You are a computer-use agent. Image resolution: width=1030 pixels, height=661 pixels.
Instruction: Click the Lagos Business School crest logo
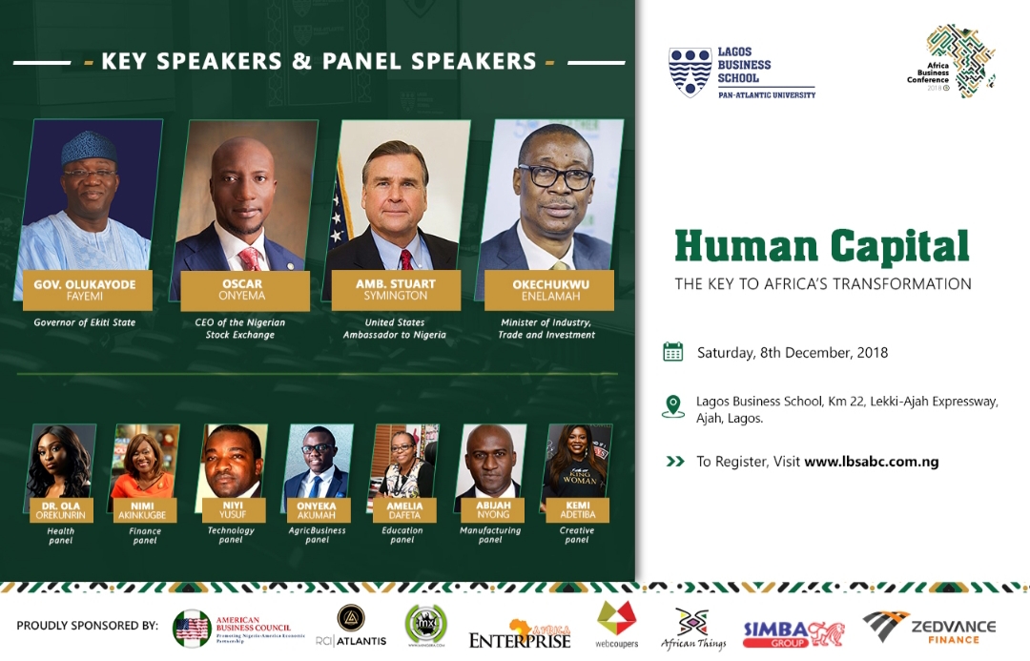click(690, 72)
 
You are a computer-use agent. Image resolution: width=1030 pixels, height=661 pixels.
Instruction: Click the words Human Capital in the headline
click(821, 246)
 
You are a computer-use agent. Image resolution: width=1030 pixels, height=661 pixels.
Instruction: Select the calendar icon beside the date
click(673, 352)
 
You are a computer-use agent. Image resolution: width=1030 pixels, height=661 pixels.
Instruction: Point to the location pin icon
click(673, 406)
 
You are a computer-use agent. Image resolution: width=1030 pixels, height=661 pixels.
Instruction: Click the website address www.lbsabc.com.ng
click(871, 462)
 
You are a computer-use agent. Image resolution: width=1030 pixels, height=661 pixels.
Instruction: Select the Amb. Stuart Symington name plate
click(395, 290)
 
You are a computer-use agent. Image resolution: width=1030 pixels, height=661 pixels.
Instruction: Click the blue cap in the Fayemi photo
click(89, 148)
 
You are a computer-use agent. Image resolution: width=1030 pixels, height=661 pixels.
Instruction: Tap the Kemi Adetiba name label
click(576, 508)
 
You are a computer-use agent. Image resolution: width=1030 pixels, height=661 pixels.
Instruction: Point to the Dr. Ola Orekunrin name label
click(61, 510)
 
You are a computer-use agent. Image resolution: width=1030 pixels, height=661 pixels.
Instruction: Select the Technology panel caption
click(231, 535)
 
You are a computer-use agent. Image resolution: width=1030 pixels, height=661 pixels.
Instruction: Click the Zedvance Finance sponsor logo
click(929, 630)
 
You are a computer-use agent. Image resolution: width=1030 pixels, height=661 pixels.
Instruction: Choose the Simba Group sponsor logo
click(793, 633)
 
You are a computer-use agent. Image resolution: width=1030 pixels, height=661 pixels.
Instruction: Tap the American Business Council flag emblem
click(192, 629)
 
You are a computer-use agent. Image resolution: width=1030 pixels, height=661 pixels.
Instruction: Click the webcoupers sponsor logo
click(616, 625)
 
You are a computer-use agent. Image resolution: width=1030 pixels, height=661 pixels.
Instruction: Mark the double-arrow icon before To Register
click(675, 462)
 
